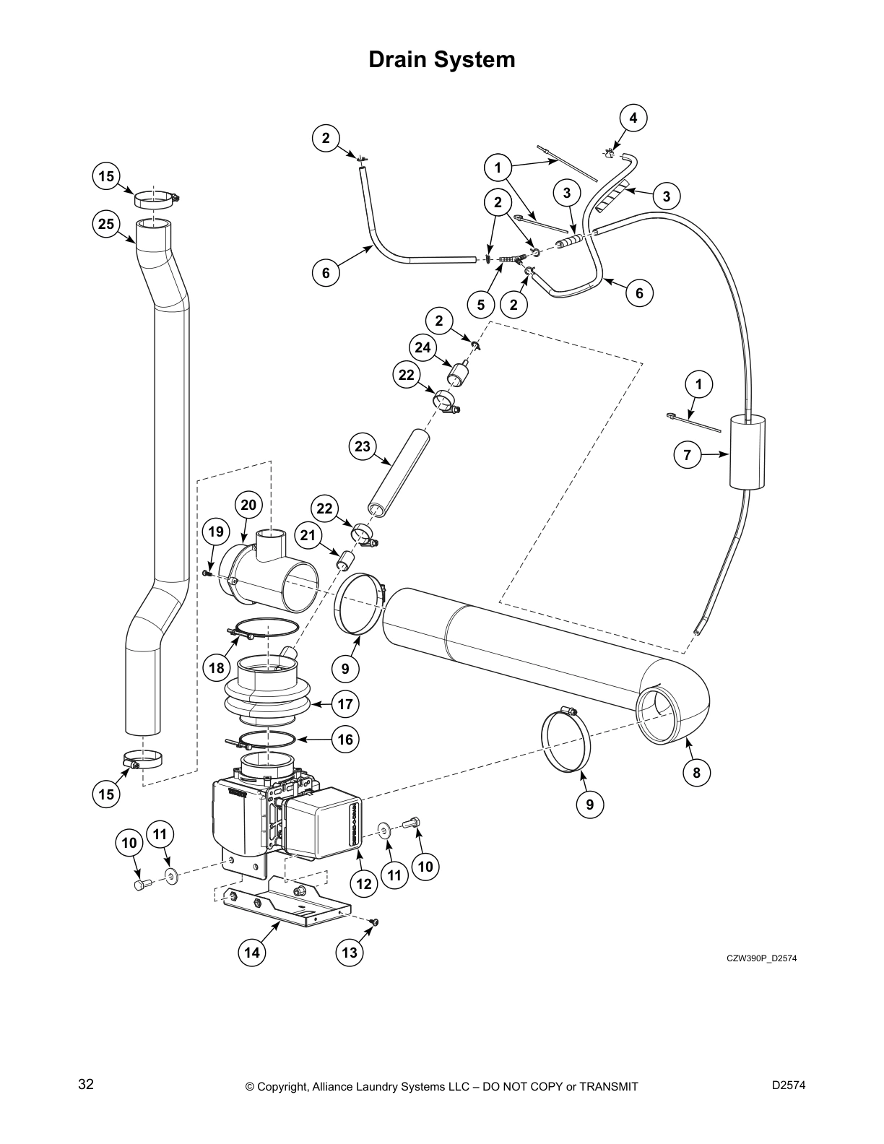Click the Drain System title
coord(442,59)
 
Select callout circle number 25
coord(106,224)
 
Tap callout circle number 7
coord(688,455)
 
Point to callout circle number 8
coord(696,773)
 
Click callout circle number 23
coord(362,446)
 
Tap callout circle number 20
coord(248,505)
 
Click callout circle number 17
coord(345,703)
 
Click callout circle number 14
coord(251,953)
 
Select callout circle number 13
coord(349,953)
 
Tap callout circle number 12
coord(364,883)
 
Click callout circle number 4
coord(633,118)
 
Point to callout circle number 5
coord(481,305)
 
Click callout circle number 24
coord(422,348)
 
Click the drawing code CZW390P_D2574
coord(761,959)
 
